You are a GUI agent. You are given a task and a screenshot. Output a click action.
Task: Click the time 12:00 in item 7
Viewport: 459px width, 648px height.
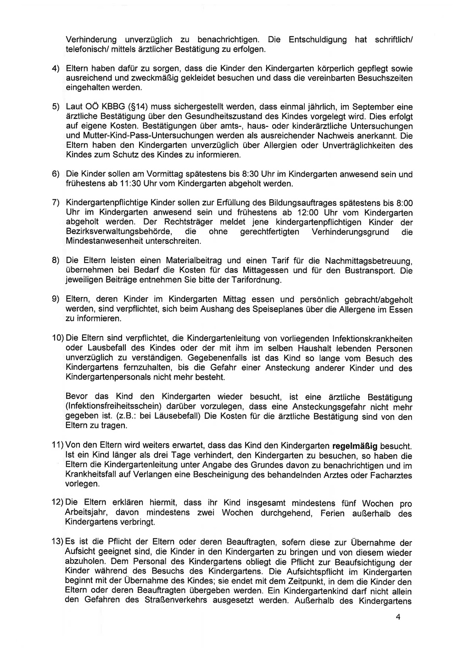coord(308,213)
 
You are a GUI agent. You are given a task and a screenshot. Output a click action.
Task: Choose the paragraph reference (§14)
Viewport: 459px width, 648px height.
coord(135,107)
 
